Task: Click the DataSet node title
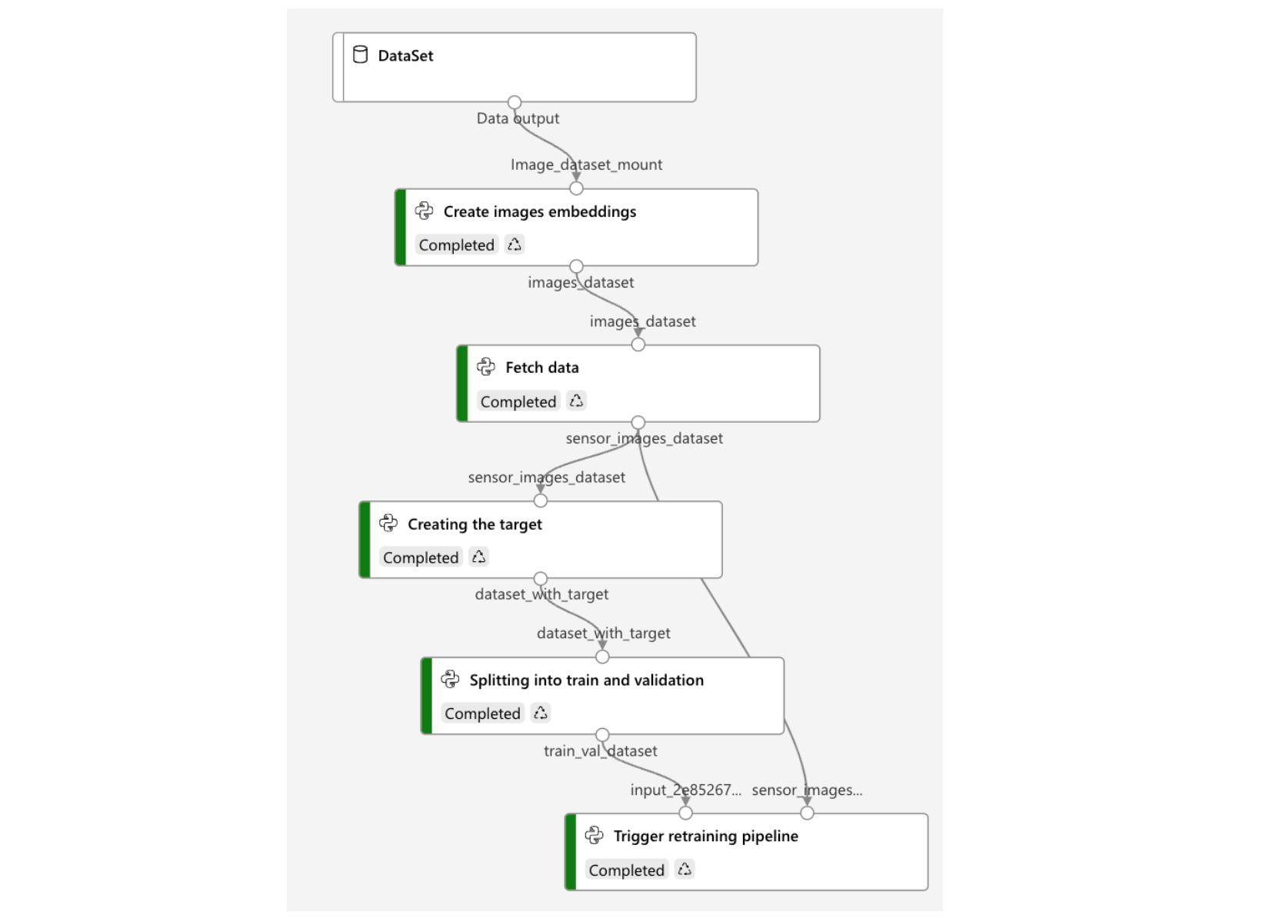pos(405,55)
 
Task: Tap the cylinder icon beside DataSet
pos(360,55)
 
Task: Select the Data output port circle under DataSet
pos(515,102)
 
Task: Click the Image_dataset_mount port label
pos(586,165)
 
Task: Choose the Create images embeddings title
pos(539,211)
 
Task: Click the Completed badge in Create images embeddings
pos(456,245)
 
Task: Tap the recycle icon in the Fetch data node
pos(576,401)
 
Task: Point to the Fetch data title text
pos(541,368)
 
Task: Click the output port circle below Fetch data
pos(638,422)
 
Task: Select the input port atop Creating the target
pos(541,501)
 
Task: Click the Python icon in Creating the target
pos(388,524)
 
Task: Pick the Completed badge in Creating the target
pos(421,557)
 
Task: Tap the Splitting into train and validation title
pos(586,680)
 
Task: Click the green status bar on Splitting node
pos(426,696)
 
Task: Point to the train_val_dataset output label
pos(600,751)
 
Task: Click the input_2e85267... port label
pos(685,790)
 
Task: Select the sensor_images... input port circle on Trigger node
pos(807,813)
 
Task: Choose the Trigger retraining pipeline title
pos(705,837)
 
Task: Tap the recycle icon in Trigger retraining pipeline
pos(685,870)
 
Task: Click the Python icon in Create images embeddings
pos(424,211)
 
